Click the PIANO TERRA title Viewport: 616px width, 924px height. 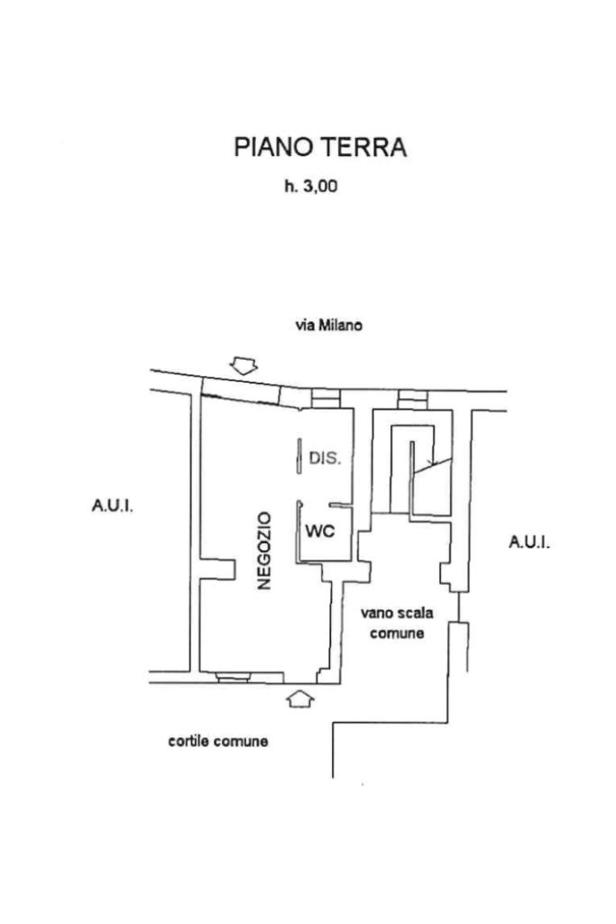pyautogui.click(x=320, y=147)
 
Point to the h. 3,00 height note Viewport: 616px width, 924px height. pyautogui.click(x=311, y=187)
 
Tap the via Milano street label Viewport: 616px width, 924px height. pyautogui.click(x=328, y=325)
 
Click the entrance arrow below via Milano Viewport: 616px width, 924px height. pyautogui.click(x=244, y=365)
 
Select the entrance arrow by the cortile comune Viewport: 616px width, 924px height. pyautogui.click(x=299, y=699)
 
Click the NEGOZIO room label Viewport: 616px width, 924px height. pyautogui.click(x=264, y=550)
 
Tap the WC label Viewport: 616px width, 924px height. pyautogui.click(x=320, y=531)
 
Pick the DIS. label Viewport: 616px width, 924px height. pyautogui.click(x=325, y=457)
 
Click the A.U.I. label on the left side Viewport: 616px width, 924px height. pyautogui.click(x=112, y=505)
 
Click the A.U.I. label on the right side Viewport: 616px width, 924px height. pyautogui.click(x=529, y=541)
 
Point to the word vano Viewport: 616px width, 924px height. pyautogui.click(x=377, y=614)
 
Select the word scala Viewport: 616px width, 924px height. pyautogui.click(x=415, y=613)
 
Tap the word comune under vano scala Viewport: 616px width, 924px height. pyautogui.click(x=397, y=633)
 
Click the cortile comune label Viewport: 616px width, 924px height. pyautogui.click(x=218, y=741)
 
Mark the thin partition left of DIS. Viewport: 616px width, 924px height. pyautogui.click(x=299, y=456)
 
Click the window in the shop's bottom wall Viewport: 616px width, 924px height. pyautogui.click(x=234, y=677)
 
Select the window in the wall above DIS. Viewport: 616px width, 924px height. pyautogui.click(x=326, y=398)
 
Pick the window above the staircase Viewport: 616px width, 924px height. pyautogui.click(x=411, y=399)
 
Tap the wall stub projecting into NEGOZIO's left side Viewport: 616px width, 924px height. pyautogui.click(x=217, y=568)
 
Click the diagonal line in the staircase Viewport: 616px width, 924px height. pyautogui.click(x=433, y=465)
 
